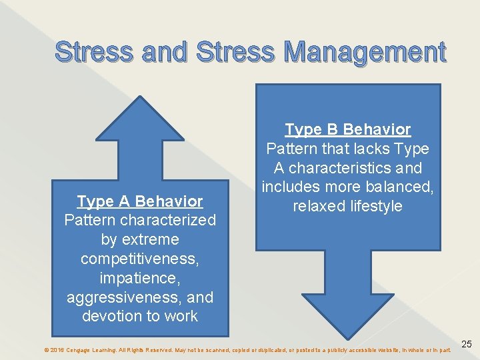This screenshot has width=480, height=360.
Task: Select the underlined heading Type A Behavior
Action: tap(140, 201)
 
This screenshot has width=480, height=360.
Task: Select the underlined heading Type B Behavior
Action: tap(347, 129)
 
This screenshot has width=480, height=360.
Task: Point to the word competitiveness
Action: tap(140, 258)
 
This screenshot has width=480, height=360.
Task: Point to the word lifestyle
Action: tap(377, 206)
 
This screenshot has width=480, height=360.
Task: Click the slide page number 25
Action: tap(467, 344)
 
